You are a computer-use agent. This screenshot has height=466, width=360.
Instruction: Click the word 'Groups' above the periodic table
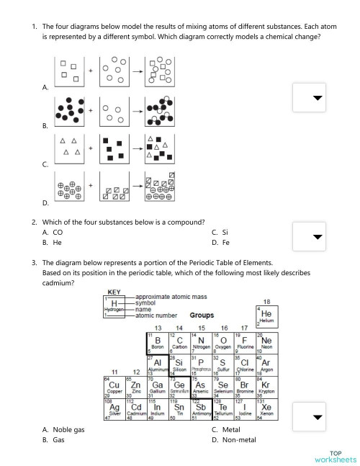coord(202,315)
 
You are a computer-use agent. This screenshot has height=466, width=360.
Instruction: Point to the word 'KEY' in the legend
coord(114,292)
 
